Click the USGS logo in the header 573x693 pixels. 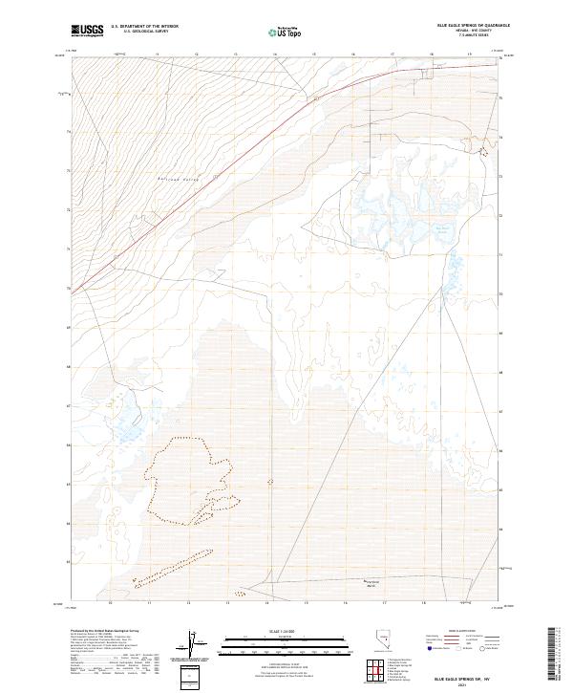pos(88,31)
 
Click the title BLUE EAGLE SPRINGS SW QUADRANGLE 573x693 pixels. pos(473,25)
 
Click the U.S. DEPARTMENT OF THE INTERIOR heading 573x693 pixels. pos(144,25)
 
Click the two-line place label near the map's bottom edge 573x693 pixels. pos(376,584)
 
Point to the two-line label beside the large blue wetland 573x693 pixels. pos(442,229)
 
